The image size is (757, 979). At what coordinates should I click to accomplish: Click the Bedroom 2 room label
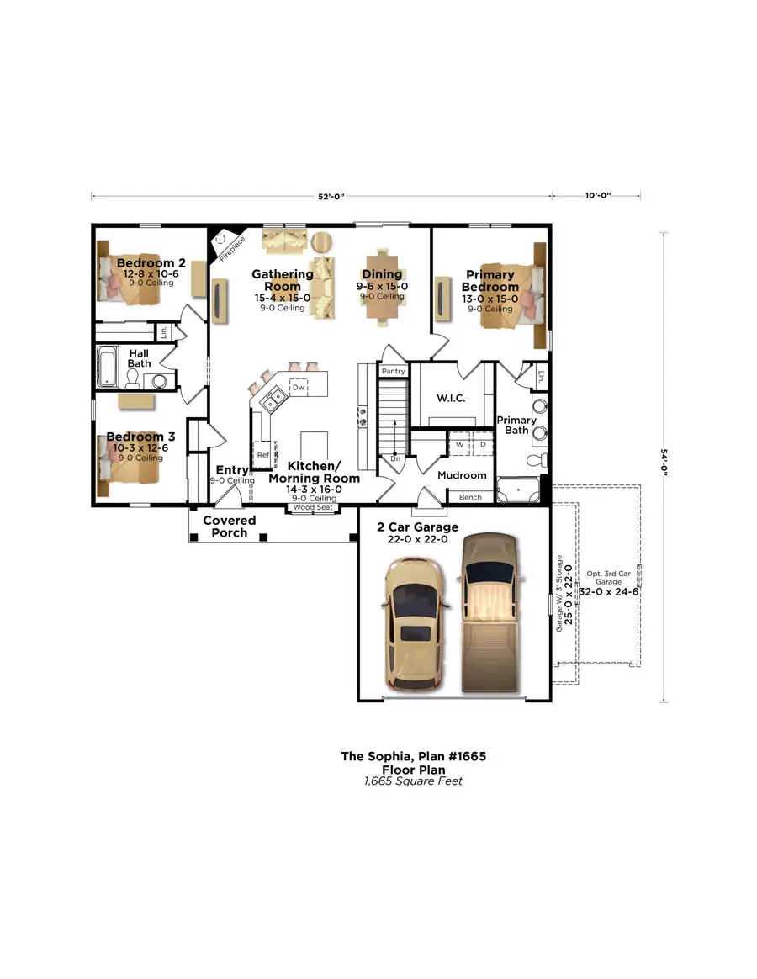(151, 263)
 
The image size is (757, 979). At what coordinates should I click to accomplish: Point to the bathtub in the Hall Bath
(109, 367)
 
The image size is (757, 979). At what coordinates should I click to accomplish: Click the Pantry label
(393, 371)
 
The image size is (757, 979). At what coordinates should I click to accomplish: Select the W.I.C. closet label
(451, 397)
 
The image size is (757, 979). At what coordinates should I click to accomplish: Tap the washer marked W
(460, 444)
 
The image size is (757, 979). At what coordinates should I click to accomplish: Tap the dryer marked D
(483, 444)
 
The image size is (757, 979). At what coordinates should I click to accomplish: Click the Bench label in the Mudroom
(470, 497)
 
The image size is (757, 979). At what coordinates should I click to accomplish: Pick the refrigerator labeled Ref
(263, 454)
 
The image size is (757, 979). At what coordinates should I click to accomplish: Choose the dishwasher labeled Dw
(298, 387)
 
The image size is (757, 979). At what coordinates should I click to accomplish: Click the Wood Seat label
(313, 508)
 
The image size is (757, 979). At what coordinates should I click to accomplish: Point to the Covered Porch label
(229, 527)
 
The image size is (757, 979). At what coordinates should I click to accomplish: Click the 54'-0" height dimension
(664, 468)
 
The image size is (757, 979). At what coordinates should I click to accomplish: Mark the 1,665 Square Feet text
(413, 781)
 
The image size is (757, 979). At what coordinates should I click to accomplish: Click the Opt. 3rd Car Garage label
(609, 577)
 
